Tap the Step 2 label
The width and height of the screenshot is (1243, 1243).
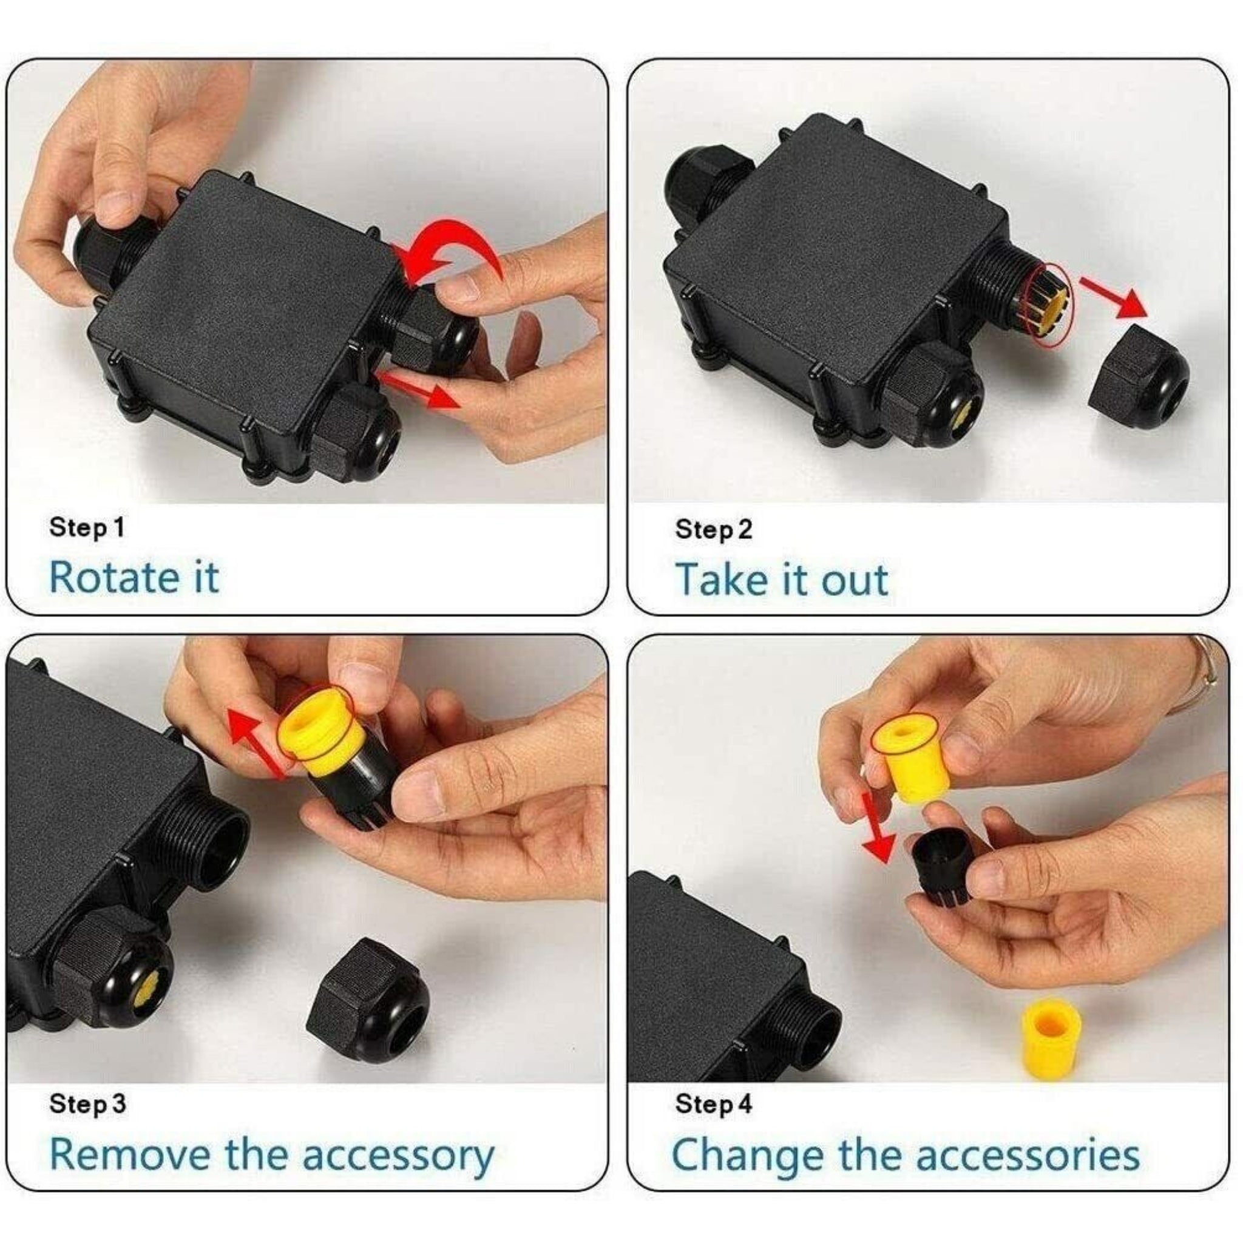pyautogui.click(x=714, y=529)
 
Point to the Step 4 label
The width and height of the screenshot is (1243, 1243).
pyautogui.click(x=714, y=1104)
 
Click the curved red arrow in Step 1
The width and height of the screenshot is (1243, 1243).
pyautogui.click(x=450, y=248)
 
